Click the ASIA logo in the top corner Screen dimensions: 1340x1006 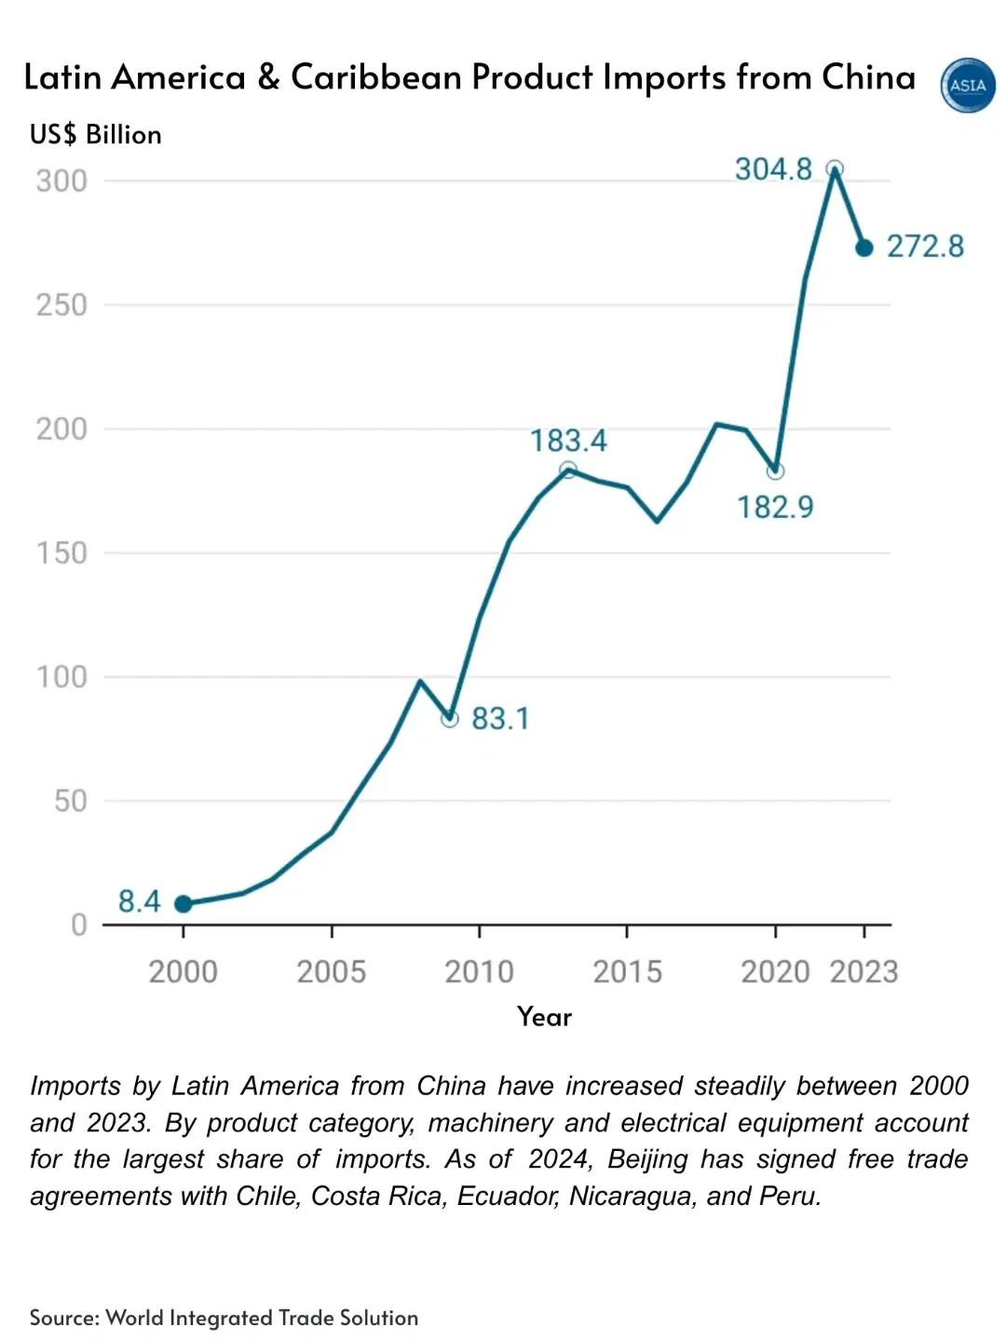pos(968,86)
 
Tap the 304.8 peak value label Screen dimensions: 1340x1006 pos(773,169)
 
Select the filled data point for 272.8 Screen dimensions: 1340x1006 pos(864,248)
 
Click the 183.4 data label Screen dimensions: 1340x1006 pos(568,440)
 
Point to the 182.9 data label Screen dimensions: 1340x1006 pos(775,508)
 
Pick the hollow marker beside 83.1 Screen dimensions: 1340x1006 pos(450,719)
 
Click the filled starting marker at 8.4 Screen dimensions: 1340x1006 pos(184,904)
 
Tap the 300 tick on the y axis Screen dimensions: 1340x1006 pos(61,181)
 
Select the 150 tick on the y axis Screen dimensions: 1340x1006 pos(61,553)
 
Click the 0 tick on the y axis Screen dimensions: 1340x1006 pos(79,925)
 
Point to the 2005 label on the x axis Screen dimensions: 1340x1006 pos(331,972)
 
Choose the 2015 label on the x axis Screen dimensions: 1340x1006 pos(627,972)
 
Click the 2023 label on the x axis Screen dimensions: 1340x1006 pos(863,972)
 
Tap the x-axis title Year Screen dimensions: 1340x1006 pos(544,1017)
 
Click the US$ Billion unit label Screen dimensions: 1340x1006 pos(95,135)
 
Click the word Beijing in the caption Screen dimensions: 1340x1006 pos(647,1159)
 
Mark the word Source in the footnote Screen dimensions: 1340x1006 pos(63,1318)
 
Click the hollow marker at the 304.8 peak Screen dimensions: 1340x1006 pos(835,169)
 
